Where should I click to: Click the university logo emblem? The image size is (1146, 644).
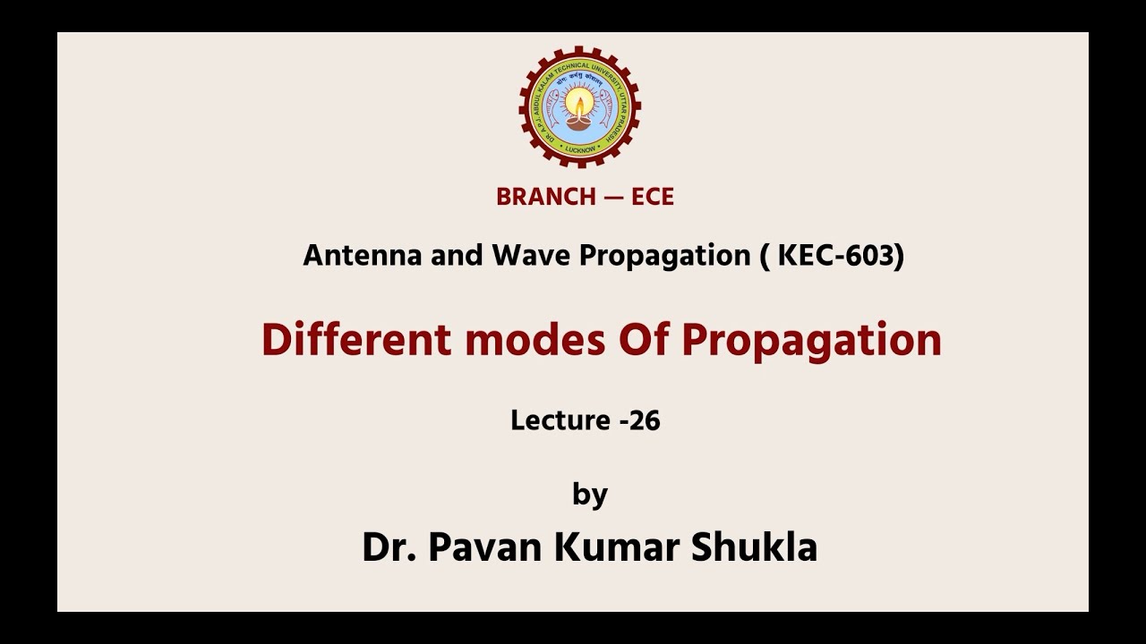point(580,107)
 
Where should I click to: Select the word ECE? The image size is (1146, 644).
point(653,198)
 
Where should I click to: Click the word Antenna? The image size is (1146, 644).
point(363,256)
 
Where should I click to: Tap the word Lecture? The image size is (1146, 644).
point(560,420)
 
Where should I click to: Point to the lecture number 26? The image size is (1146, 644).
point(644,420)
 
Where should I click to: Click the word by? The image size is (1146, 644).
point(590,495)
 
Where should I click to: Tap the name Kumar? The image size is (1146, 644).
point(617,547)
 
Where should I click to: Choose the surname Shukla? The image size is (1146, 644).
point(754,547)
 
